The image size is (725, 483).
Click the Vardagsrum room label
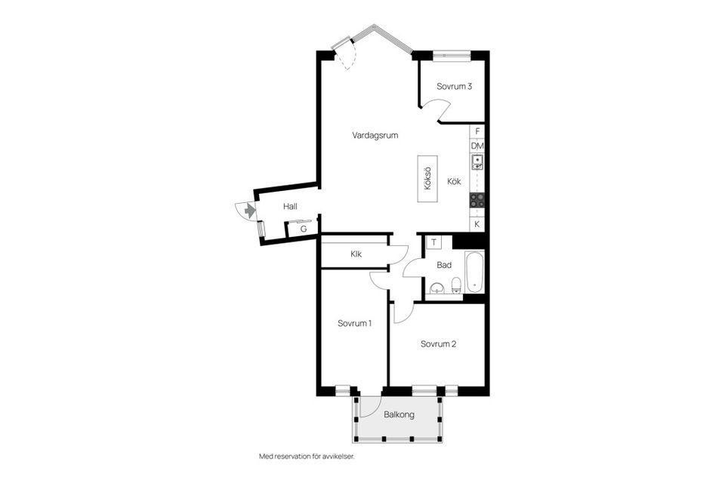pos(375,135)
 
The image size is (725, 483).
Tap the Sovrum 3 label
pos(454,87)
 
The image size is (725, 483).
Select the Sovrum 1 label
pos(354,324)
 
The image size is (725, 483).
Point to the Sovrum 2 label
pos(438,344)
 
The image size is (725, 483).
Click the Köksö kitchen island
pos(427,178)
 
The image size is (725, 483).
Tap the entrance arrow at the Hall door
pos(250,211)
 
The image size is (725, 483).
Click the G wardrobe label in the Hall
pos(304,229)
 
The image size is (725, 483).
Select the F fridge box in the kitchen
pos(477,132)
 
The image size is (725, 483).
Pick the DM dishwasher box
pos(477,146)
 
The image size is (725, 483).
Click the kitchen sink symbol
pos(477,162)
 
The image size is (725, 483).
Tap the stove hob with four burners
pos(477,200)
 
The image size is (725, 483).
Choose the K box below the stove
pos(477,225)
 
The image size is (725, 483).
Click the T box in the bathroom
pos(433,243)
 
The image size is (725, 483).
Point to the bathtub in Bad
pos(475,272)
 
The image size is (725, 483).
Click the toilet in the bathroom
pos(456,285)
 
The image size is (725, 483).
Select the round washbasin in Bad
pos(437,288)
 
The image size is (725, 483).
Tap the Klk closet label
pos(356,254)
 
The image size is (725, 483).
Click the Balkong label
pos(399,414)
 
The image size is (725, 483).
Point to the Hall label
pos(290,207)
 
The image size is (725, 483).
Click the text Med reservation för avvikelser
pos(307,457)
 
